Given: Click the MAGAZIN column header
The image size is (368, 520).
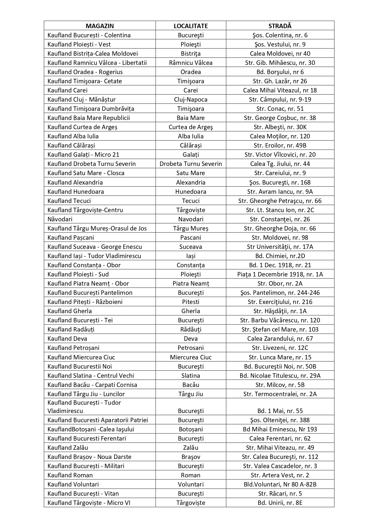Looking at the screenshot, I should coord(100,26).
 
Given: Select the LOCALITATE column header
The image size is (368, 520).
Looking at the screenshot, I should coord(191,26).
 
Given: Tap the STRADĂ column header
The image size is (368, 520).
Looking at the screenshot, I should coord(280,26).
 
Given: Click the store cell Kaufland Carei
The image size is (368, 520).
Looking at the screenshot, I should coord(68,90).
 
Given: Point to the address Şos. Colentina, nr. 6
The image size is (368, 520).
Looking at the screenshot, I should coord(280,35).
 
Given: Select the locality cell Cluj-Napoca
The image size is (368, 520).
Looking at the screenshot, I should coord(191,100).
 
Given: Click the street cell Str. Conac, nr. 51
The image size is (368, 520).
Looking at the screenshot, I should coord(280,109).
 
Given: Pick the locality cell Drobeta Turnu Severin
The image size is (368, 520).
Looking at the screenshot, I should coord(191,164).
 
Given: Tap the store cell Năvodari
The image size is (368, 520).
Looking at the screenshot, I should coord(60,219).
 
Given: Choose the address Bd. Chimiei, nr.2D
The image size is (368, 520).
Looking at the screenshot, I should coord(280,256).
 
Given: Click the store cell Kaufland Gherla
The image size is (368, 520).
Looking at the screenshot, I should coord(70,311).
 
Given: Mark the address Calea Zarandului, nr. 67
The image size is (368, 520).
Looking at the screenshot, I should coord(280,339).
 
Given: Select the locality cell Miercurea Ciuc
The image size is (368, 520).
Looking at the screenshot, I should coord(191,357).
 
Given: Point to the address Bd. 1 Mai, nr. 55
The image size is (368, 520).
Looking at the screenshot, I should coord(280,411).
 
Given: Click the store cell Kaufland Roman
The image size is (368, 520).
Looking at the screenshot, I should coord(70,475).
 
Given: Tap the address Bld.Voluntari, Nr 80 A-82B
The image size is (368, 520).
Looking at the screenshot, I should coord(280,484).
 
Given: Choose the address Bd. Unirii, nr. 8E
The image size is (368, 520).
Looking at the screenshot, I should coord(280,503).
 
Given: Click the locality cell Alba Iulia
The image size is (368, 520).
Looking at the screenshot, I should coord(191,136).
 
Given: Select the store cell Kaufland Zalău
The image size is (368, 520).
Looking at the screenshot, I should coord(68,448).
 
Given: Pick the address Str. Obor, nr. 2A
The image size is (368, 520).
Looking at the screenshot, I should coord(280,284).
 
